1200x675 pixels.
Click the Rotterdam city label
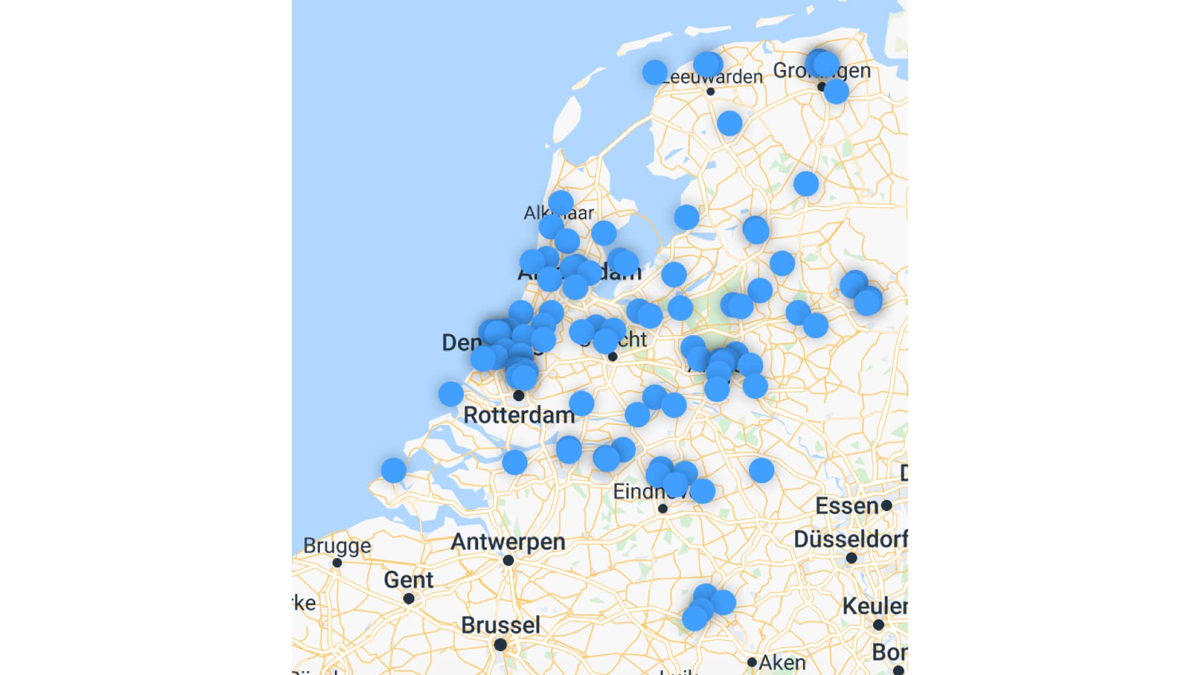pyautogui.click(x=519, y=415)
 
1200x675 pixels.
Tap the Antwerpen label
pyautogui.click(x=507, y=541)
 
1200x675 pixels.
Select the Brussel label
pyautogui.click(x=500, y=625)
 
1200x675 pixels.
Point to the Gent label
pyautogui.click(x=408, y=579)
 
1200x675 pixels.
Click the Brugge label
pyautogui.click(x=337, y=546)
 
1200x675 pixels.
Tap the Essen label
pyautogui.click(x=847, y=506)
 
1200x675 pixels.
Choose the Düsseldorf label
pyautogui.click(x=850, y=539)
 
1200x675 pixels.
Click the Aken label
pyautogui.click(x=782, y=662)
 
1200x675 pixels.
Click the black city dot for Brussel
pyautogui.click(x=500, y=644)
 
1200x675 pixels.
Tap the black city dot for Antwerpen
pyautogui.click(x=509, y=561)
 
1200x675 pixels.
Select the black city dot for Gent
pyautogui.click(x=409, y=599)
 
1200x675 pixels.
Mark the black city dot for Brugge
pyautogui.click(x=337, y=562)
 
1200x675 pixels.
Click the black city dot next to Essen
pyautogui.click(x=886, y=505)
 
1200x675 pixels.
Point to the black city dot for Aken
pyautogui.click(x=752, y=662)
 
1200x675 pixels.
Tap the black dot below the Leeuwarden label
pyautogui.click(x=710, y=92)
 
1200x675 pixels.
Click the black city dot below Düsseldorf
pyautogui.click(x=851, y=558)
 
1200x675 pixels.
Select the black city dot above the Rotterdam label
pyautogui.click(x=519, y=396)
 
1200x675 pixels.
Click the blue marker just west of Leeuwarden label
pyautogui.click(x=654, y=72)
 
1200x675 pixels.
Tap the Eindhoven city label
pyautogui.click(x=637, y=492)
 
